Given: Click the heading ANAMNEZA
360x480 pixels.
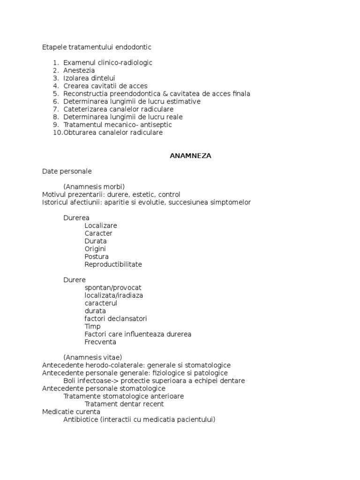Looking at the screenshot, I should tap(190, 156).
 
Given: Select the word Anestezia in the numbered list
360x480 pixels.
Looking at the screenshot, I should tap(79, 70).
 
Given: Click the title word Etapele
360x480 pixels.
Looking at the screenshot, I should tap(54, 47).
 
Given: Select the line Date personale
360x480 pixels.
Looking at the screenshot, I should tap(67, 172).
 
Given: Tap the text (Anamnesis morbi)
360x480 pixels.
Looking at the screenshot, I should tap(94, 187).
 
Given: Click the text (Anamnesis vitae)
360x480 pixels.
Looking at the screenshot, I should tap(92, 358).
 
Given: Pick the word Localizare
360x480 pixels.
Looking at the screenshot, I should tap(101, 225).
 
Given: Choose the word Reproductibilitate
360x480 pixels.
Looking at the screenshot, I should tap(113, 264).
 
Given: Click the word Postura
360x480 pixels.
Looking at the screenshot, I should tap(97, 257).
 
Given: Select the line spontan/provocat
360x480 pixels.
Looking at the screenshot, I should tap(113, 288).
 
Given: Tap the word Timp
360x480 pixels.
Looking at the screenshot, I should tap(93, 327).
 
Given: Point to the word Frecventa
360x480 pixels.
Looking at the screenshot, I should tap(100, 342).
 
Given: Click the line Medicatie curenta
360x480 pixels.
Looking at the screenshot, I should tap(71, 412).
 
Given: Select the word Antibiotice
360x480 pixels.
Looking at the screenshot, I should tap(81, 420).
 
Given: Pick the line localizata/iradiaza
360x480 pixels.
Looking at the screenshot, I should tap(114, 296).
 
